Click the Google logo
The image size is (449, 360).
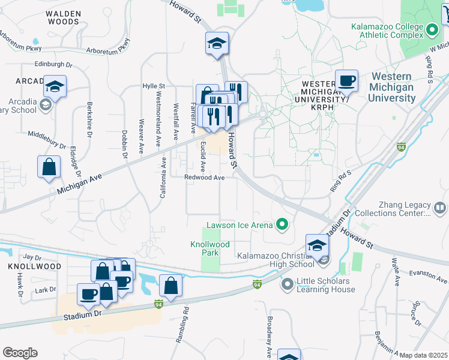pyautogui.click(x=20, y=353)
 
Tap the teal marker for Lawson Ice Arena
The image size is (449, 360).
pyautogui.click(x=281, y=226)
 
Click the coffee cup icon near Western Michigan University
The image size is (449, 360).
pyautogui.click(x=346, y=80)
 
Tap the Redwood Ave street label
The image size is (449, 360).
pyautogui.click(x=204, y=178)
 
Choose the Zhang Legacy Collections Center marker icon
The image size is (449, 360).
pyautogui.click(x=440, y=208)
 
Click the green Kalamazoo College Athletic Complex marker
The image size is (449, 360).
pyautogui.click(x=432, y=29)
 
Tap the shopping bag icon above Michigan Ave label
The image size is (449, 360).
pyautogui.click(x=49, y=167)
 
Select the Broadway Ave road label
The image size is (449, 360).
pyautogui.click(x=270, y=336)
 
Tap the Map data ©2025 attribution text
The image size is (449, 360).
pyautogui.click(x=423, y=355)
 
